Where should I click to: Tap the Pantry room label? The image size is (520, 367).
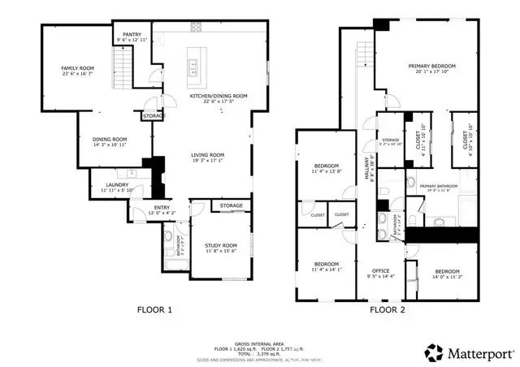tap(121, 34)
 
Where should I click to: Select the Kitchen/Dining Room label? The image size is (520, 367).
tap(219, 95)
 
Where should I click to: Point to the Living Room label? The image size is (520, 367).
tap(208, 154)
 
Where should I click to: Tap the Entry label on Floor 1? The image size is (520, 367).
tap(162, 208)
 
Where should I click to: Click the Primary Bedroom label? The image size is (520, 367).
tap(431, 66)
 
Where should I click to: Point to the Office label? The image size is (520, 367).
tap(381, 270)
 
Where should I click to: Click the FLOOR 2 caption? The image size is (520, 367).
tap(388, 309)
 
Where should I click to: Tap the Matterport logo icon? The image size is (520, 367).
tap(433, 352)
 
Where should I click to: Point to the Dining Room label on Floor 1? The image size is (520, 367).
tap(109, 139)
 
